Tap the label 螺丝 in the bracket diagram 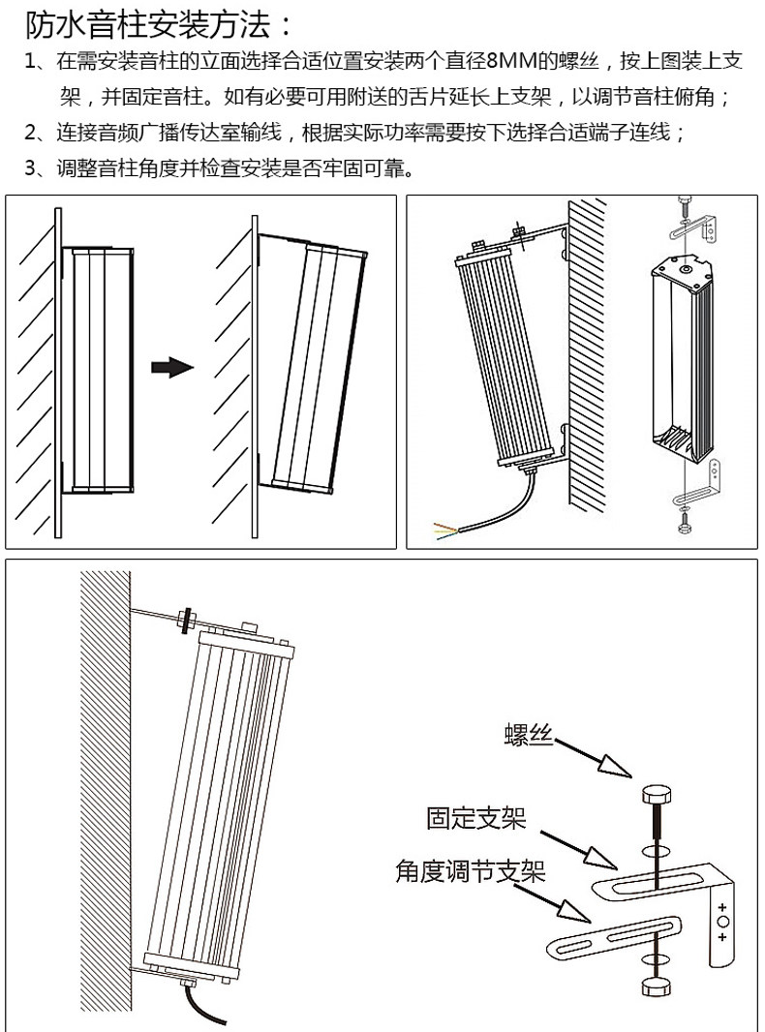click(x=528, y=737)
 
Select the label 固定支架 click(x=475, y=819)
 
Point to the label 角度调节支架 click(x=470, y=872)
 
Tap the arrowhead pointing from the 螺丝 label click(x=614, y=766)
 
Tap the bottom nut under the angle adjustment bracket click(x=655, y=986)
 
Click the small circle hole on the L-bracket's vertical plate click(x=721, y=924)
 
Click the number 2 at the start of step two click(x=30, y=133)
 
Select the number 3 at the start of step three click(x=30, y=168)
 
